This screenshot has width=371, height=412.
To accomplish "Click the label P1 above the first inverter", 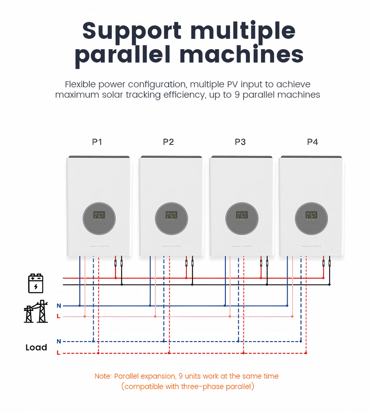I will (x=96, y=142).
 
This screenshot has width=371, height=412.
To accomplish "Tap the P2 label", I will (x=168, y=142).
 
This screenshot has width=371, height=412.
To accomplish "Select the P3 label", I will (x=240, y=142).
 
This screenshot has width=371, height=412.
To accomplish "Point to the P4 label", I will (x=312, y=142).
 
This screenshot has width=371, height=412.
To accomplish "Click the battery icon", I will (x=36, y=284).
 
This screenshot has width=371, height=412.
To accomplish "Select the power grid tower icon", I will (x=36, y=311).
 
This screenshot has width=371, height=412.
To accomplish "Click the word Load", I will (x=36, y=348).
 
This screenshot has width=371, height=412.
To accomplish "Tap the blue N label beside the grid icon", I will (x=59, y=306).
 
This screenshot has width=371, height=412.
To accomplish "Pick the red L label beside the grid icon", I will (x=58, y=317).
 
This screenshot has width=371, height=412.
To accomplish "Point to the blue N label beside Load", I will (x=59, y=342).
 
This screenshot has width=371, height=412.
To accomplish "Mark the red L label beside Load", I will (x=58, y=353).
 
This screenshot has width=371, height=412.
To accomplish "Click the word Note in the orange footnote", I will (x=102, y=376).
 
